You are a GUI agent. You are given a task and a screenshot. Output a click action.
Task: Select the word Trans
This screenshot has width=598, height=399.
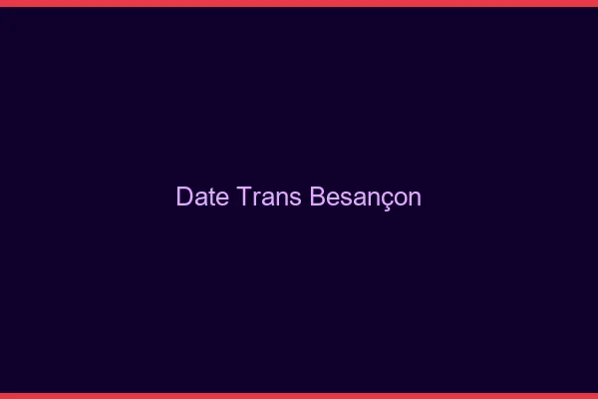click(271, 197)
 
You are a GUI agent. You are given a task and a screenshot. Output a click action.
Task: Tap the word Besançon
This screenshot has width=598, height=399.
click(366, 197)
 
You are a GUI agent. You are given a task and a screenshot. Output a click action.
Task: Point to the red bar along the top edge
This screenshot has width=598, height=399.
click(299, 3)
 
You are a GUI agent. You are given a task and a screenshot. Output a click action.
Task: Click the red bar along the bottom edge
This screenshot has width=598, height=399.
click(299, 395)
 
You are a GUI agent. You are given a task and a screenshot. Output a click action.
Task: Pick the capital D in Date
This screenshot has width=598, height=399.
click(184, 197)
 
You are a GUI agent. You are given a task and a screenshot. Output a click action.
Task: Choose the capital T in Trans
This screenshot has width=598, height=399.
click(246, 197)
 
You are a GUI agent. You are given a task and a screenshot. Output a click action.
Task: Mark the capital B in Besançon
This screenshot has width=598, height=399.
click(318, 197)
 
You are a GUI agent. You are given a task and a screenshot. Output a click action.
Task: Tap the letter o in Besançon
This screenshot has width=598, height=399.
click(402, 198)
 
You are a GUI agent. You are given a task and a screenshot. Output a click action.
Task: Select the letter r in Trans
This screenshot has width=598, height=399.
click(258, 198)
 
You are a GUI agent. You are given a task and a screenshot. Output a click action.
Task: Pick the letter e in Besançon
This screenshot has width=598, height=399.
click(334, 198)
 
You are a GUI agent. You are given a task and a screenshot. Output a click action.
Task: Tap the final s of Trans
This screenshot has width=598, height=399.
click(296, 198)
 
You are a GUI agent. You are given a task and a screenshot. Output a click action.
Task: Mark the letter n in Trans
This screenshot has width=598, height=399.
click(283, 198)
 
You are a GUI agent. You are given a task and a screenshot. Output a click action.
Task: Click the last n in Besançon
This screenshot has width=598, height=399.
click(416, 198)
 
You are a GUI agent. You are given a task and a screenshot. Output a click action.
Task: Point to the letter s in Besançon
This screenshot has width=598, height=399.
click(347, 198)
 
